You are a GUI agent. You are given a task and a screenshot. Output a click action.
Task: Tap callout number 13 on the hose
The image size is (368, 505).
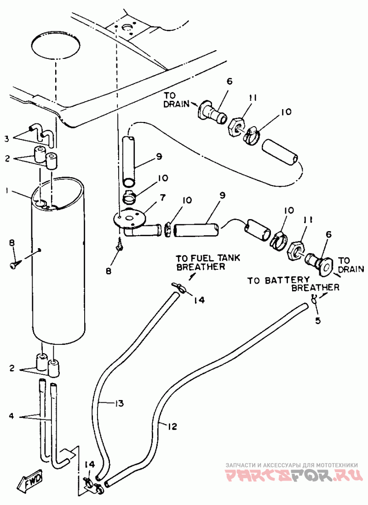tap(119, 403)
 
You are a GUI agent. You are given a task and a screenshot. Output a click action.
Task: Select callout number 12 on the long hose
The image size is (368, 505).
tap(172, 426)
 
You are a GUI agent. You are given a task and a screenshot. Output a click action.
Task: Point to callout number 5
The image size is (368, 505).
tap(318, 321)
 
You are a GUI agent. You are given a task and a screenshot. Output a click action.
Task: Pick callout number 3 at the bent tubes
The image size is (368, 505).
tap(7, 139)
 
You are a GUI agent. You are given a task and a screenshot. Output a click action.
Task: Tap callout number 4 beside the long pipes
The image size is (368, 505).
tap(11, 416)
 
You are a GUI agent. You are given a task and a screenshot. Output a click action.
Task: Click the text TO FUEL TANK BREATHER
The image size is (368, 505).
tap(207, 262)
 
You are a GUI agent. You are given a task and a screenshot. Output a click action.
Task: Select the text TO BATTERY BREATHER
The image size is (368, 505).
tap(293, 284)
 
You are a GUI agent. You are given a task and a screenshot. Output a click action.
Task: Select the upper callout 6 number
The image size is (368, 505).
tap(230, 81)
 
